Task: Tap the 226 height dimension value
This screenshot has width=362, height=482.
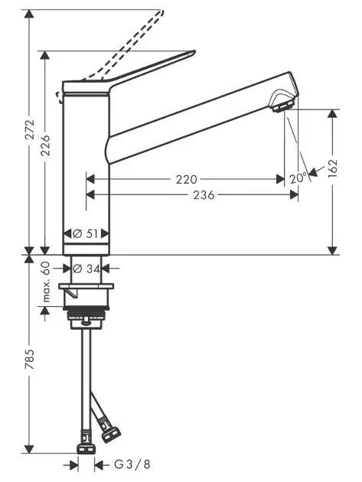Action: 45,145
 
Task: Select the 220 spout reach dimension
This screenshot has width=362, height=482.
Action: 186,179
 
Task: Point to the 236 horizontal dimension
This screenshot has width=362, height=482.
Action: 204,195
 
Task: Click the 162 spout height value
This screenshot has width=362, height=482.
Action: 332,168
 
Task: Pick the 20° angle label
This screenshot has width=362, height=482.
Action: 298,178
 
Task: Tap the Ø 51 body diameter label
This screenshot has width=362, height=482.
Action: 86,234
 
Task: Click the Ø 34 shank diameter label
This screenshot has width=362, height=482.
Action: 86,269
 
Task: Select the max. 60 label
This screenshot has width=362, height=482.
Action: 45,282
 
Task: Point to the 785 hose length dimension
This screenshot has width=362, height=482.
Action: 30,359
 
